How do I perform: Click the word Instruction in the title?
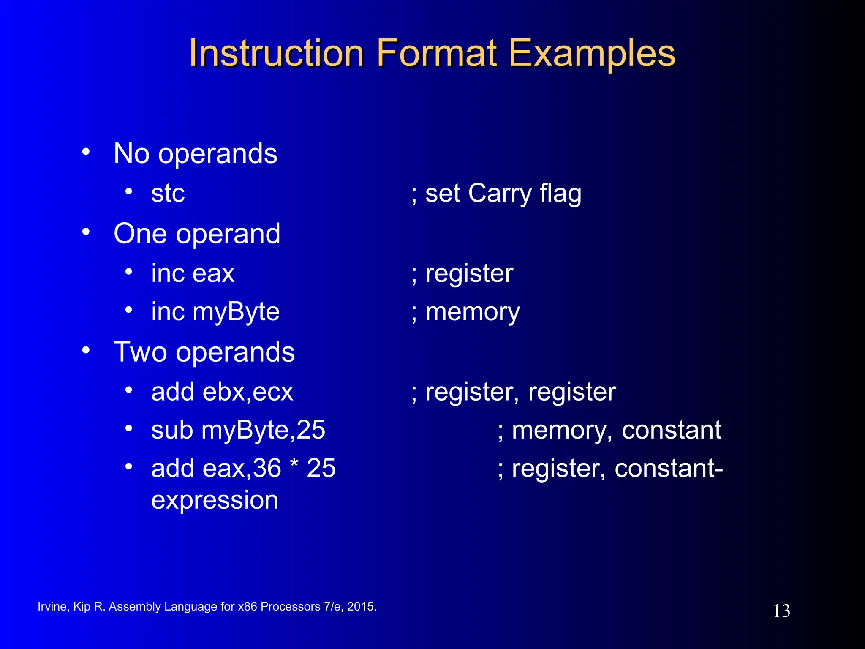pyautogui.click(x=277, y=54)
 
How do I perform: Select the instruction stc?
pyautogui.click(x=168, y=194)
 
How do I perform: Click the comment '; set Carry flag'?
pyautogui.click(x=496, y=194)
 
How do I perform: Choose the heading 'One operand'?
pyautogui.click(x=197, y=233)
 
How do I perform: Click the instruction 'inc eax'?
pyautogui.click(x=193, y=273)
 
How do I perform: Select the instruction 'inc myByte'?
pyautogui.click(x=215, y=312)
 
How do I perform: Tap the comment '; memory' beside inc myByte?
pyautogui.click(x=466, y=312)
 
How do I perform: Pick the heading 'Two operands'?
pyautogui.click(x=204, y=352)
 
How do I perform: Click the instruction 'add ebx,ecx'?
pyautogui.click(x=222, y=392)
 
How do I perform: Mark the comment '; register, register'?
pyautogui.click(x=514, y=392)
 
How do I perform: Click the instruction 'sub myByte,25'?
pyautogui.click(x=238, y=430)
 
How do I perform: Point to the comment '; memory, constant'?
pyautogui.click(x=609, y=430)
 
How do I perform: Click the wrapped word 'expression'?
pyautogui.click(x=215, y=500)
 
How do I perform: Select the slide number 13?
pyautogui.click(x=781, y=611)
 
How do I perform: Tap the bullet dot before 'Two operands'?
pyautogui.click(x=86, y=350)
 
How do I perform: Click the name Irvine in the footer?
pyautogui.click(x=52, y=607)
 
